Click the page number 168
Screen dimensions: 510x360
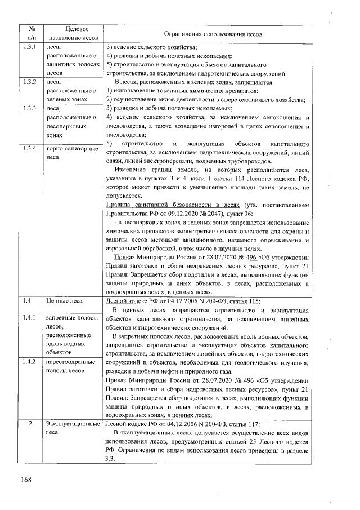[x=26, y=480]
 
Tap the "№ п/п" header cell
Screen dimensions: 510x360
[x=32, y=34]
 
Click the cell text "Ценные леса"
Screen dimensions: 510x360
[x=64, y=301]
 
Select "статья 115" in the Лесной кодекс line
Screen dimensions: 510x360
[x=245, y=301]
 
